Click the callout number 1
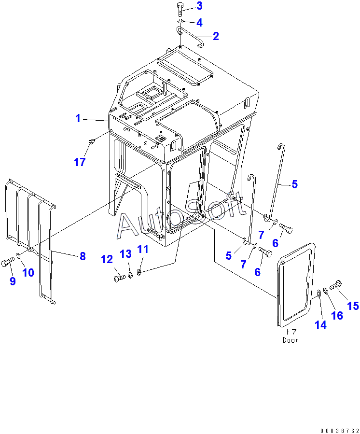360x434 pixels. tap(78, 118)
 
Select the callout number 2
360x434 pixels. tap(215, 36)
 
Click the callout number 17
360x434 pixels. tap(79, 162)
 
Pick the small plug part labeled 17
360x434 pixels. tap(92, 140)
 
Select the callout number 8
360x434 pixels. tap(83, 256)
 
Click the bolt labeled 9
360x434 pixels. tap(7, 263)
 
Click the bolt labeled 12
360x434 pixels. tap(119, 278)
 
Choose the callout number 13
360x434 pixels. tap(125, 254)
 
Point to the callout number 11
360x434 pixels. tap(143, 249)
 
